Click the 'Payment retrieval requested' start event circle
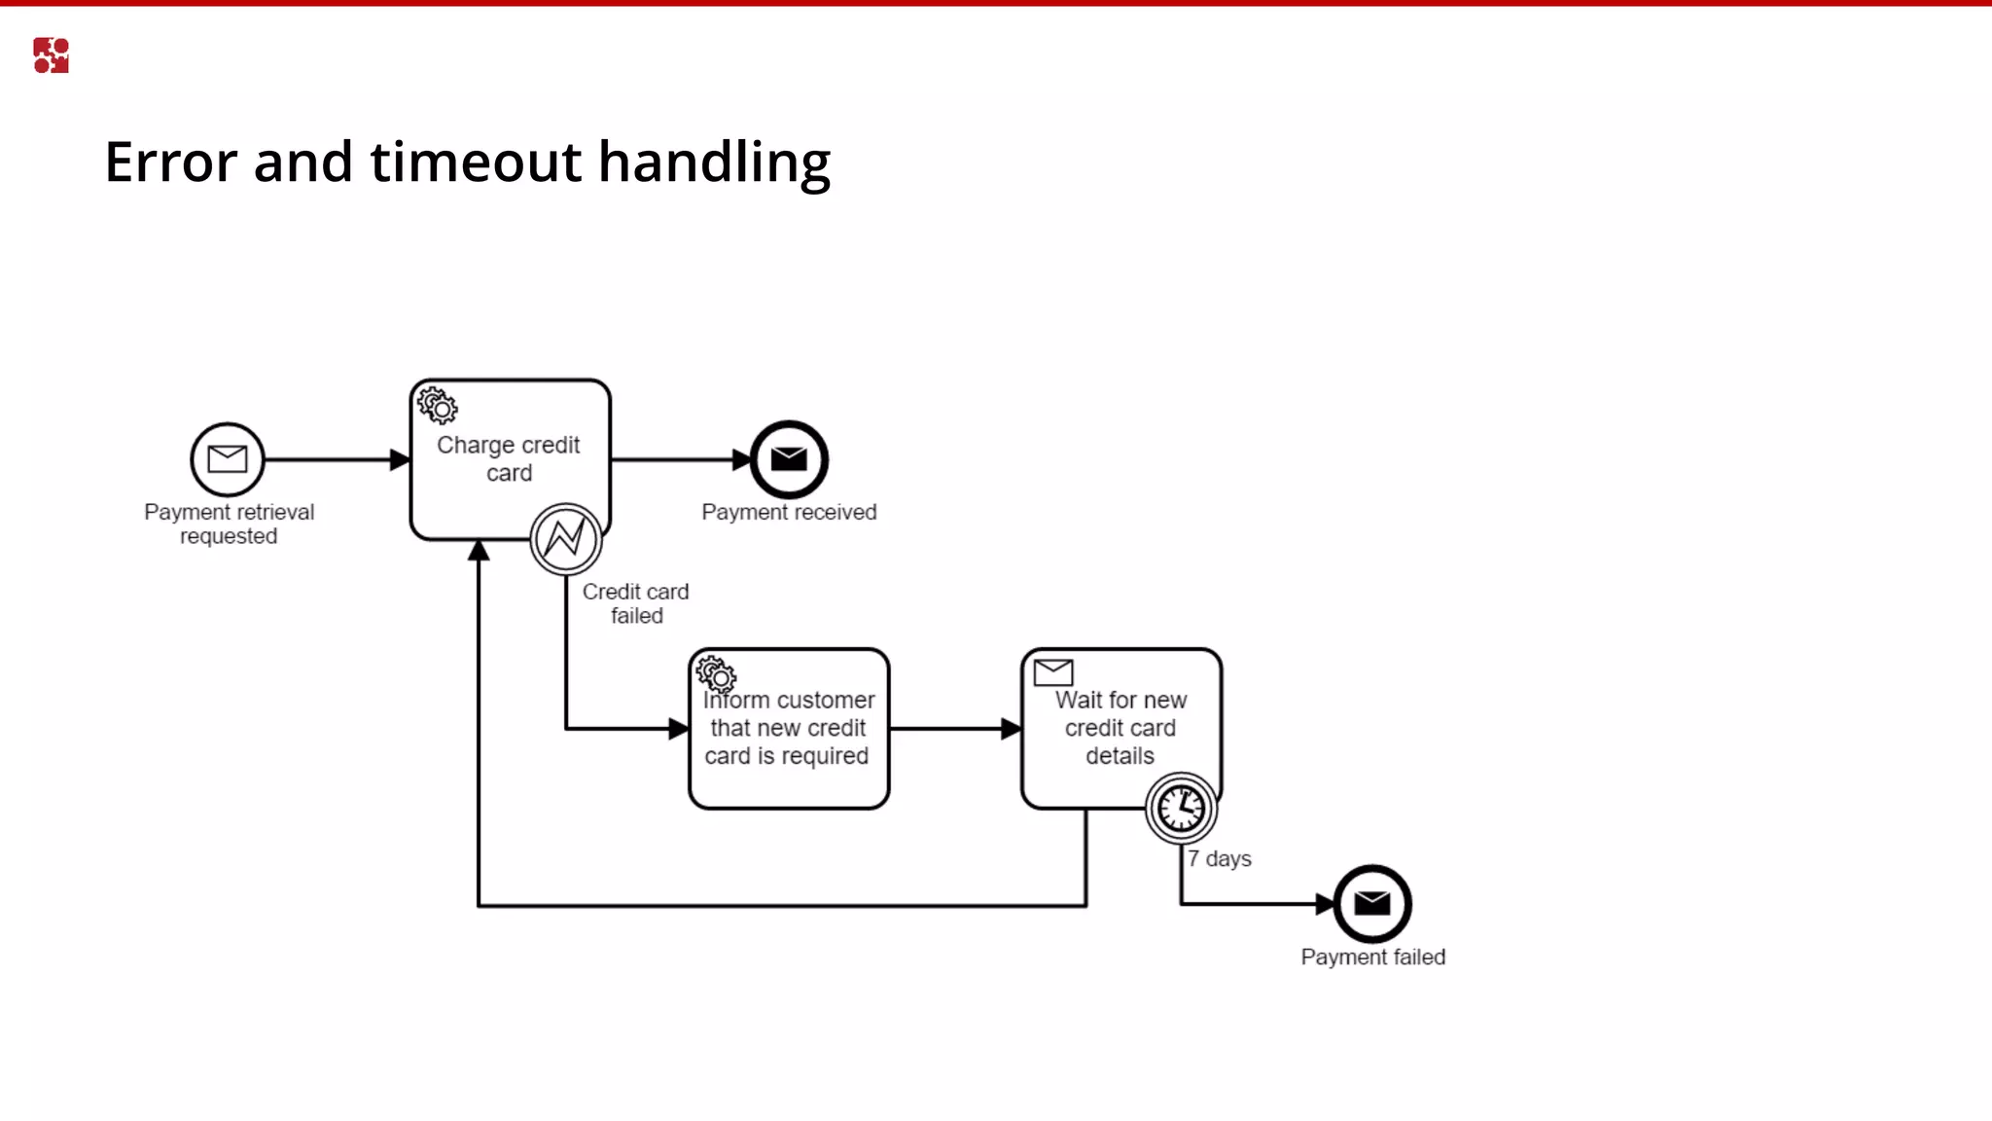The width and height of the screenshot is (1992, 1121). [228, 459]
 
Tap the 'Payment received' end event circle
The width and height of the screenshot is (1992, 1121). [789, 459]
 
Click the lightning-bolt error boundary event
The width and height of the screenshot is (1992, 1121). [566, 538]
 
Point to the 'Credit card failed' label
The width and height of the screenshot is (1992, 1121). [636, 603]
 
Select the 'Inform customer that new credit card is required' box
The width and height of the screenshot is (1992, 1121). [789, 729]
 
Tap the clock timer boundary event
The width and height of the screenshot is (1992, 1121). [1181, 808]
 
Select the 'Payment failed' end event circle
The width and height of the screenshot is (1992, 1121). [1372, 904]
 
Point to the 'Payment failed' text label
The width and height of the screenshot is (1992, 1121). [1372, 958]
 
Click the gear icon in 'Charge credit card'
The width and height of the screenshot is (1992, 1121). [438, 405]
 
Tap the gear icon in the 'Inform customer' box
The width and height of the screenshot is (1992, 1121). [716, 673]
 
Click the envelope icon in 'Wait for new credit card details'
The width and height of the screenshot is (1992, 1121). [1052, 671]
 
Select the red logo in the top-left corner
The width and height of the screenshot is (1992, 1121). [51, 55]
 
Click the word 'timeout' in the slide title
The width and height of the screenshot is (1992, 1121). [476, 162]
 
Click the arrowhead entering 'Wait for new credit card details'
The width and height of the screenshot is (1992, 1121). [1012, 729]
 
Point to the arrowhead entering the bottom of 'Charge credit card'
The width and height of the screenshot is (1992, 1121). [479, 551]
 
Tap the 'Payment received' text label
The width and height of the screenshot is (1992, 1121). [789, 513]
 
